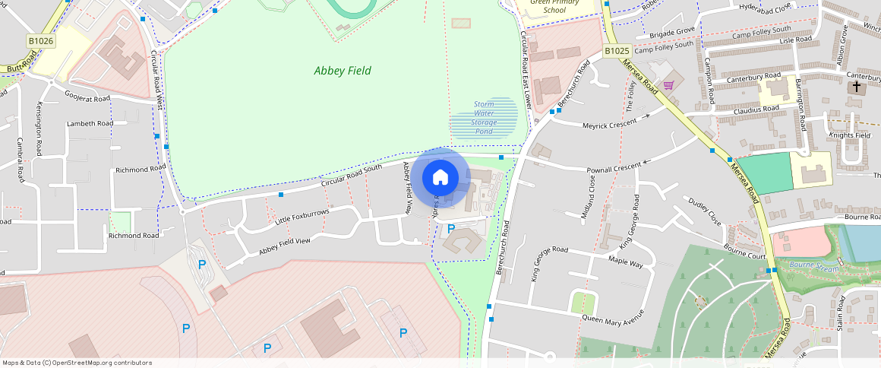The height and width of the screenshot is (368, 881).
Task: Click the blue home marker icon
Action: [x=440, y=178]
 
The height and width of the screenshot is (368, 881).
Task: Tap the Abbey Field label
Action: [x=343, y=71]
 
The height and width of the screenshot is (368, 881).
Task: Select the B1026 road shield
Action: [x=40, y=40]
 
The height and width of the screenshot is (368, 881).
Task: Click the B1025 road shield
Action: [x=617, y=51]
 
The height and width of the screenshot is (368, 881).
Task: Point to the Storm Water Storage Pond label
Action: [x=485, y=118]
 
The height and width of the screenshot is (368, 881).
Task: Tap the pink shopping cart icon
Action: [x=669, y=85]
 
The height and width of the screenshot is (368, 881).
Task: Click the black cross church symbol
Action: [x=857, y=87]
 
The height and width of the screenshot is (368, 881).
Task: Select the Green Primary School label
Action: [x=554, y=7]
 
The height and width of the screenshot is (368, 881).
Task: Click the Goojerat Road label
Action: [x=87, y=99]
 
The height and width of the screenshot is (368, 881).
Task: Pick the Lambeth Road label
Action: [x=90, y=123]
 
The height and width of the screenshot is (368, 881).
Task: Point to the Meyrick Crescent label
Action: [x=611, y=124]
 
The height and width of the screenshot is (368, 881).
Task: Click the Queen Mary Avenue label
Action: [x=613, y=315]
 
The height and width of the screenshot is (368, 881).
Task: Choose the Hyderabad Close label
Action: [x=765, y=7]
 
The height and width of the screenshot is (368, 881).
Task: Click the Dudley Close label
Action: [x=704, y=212]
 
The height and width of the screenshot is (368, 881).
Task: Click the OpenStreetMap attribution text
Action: [x=77, y=363]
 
